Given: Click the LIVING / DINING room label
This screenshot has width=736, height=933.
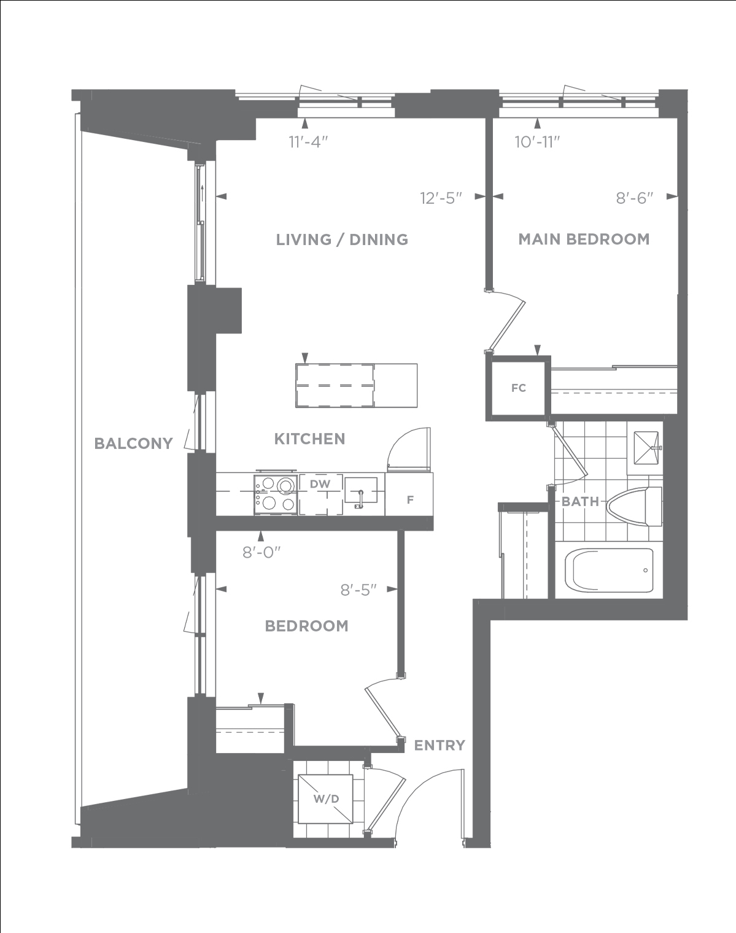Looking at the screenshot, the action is pos(342,240).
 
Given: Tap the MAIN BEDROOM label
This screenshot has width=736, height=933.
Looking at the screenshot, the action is pos(584,239).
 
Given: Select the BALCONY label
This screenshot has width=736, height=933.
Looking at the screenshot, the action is pos(133,443).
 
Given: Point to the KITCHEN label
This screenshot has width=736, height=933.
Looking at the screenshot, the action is pos(309,439).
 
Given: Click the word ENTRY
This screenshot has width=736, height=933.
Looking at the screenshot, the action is pos(440,745).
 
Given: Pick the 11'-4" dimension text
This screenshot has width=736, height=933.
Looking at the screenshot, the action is pos(309,142).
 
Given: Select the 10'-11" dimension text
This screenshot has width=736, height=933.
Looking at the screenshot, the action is pos(538,142).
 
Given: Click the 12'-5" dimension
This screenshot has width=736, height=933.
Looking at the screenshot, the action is pos(441,198).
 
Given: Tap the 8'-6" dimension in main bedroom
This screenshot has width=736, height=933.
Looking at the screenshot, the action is pos(635,198).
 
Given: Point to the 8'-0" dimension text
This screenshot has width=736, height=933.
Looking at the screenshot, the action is pos(261,552).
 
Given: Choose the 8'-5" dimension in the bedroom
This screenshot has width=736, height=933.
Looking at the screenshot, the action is pos(358,590).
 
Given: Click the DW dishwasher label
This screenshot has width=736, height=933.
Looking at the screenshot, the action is pos(320,484).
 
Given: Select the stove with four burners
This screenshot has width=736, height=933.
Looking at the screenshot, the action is pos(276,494).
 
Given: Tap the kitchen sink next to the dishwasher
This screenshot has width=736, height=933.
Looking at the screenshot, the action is pos(360,490).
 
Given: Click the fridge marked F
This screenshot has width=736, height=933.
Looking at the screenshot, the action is pos(409,494).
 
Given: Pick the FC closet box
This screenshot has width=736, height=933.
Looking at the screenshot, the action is pos(519,388).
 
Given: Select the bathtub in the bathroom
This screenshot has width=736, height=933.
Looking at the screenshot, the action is pos(609,570).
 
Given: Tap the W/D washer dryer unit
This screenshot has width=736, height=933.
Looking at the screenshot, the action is pos(325,798).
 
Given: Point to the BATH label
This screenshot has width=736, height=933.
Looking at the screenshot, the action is pos(580,502).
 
